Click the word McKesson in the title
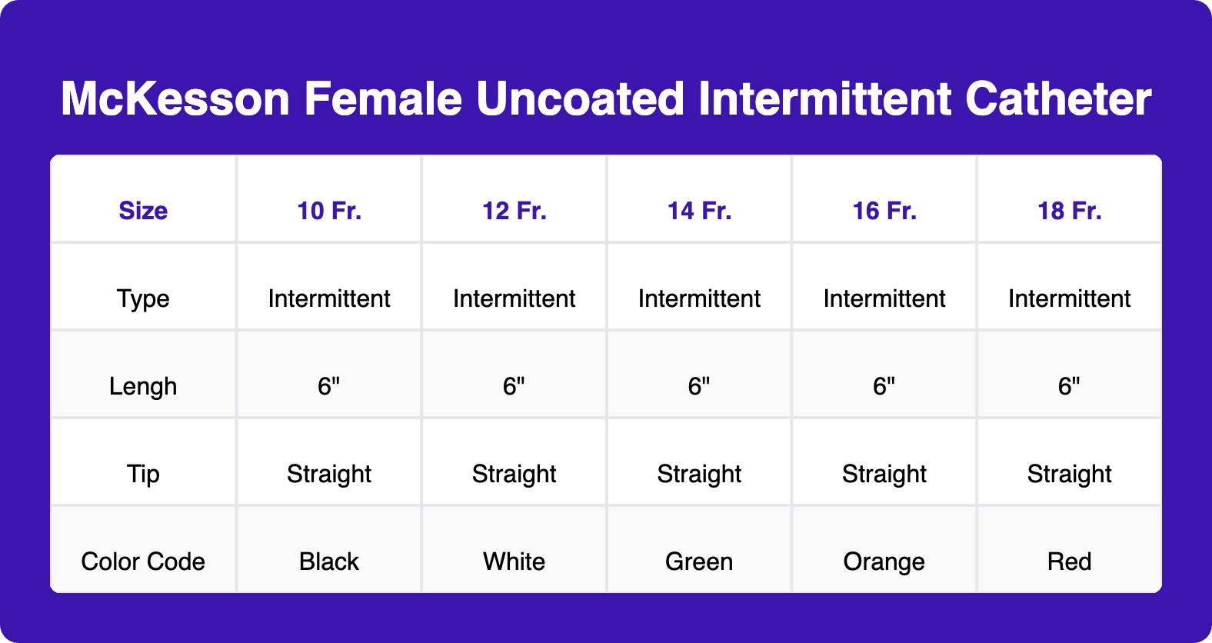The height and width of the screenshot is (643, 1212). tap(175, 99)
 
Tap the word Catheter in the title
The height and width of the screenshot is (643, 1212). tap(1057, 99)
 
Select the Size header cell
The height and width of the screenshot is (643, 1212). tap(143, 211)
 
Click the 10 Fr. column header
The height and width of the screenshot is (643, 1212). tap(329, 211)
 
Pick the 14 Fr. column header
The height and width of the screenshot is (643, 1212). tap(699, 211)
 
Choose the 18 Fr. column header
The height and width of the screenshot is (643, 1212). tap(1069, 211)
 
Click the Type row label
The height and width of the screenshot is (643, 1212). tap(143, 298)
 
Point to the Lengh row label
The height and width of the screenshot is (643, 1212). tap(143, 386)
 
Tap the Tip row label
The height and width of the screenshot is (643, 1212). tap(143, 474)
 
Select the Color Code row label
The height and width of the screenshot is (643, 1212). tap(143, 561)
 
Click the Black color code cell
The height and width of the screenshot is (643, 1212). tap(329, 561)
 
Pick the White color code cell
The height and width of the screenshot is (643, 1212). tap(514, 561)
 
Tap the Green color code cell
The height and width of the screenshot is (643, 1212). tap(699, 561)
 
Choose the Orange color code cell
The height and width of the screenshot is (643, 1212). tap(884, 561)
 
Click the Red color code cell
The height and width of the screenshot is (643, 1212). tap(1069, 561)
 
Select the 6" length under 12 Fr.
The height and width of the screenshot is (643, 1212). tap(514, 386)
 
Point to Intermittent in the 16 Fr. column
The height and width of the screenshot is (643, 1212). tap(884, 298)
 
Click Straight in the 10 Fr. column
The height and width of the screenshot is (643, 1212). tap(329, 474)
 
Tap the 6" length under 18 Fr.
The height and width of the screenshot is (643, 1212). tap(1069, 386)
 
